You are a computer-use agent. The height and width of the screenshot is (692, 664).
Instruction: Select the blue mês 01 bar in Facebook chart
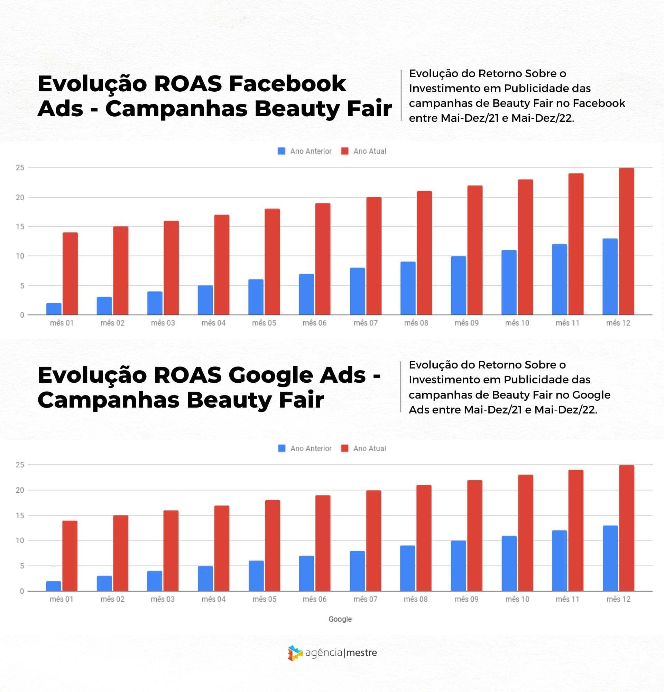point(54,309)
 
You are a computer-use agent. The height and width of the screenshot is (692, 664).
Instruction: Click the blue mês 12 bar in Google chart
point(610,558)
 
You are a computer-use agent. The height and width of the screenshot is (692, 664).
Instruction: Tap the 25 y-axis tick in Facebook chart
point(20,168)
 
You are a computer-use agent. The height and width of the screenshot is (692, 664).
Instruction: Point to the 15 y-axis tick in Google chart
point(20,516)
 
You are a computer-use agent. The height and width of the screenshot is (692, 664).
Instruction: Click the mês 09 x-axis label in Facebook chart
point(467,323)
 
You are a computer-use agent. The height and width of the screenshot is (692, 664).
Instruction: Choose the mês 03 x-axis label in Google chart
point(163,599)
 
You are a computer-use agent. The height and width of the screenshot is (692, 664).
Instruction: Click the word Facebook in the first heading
point(287,84)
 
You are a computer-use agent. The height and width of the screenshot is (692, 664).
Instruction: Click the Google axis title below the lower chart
point(340,619)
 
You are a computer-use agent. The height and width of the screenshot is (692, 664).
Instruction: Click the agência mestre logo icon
point(295,653)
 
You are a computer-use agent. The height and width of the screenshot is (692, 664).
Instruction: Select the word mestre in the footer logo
point(361,653)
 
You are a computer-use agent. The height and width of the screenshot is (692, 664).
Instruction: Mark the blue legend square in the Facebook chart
point(281,151)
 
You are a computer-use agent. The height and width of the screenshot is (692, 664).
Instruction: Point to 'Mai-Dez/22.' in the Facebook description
point(543,118)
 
